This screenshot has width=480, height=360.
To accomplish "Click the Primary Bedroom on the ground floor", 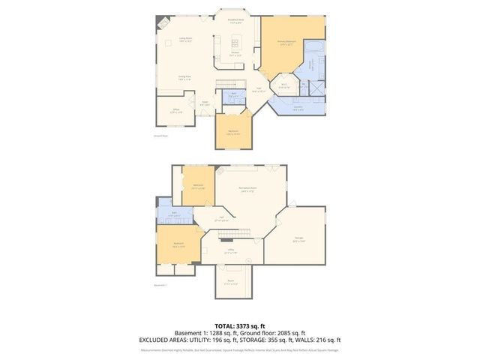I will (x=292, y=45).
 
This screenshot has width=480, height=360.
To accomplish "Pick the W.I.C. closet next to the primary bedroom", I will (x=283, y=85).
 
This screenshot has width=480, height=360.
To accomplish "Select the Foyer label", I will (x=204, y=103).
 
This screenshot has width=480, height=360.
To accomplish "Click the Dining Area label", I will (x=183, y=77).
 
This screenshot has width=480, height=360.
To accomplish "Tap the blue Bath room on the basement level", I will (x=173, y=214).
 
